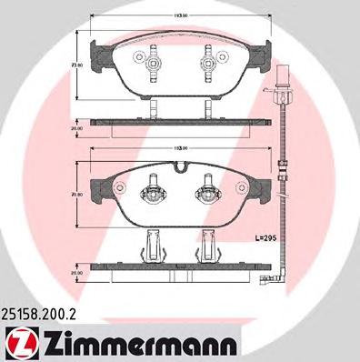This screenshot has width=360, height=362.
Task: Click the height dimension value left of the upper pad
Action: point(79,66)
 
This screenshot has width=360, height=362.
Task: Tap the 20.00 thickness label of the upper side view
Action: point(79,128)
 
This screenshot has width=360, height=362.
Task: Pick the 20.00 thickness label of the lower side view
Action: point(79,271)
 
